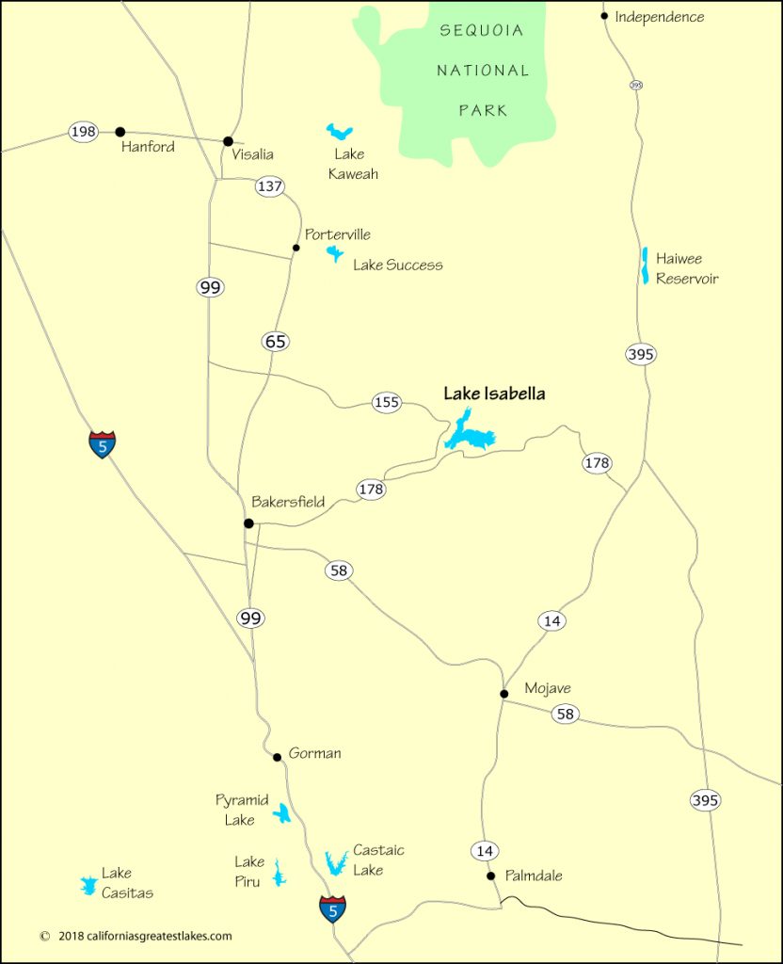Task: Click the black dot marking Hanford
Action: point(120,132)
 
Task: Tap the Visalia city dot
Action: point(228,141)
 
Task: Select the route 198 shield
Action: point(84,132)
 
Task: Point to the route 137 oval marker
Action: point(270,186)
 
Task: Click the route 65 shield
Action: point(276,342)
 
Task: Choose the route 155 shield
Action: point(387,403)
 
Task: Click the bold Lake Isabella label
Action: point(494,394)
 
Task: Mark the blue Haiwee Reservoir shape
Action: point(645,265)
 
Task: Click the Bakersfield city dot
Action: point(248,523)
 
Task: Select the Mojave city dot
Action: point(504,694)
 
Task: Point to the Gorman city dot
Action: point(277,757)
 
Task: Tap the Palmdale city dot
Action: point(490,876)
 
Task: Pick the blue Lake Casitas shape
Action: point(88,885)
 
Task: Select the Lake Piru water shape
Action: point(278,873)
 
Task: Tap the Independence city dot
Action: point(605,16)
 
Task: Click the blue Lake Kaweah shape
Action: point(339,132)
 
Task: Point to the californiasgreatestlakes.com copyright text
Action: point(136,936)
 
